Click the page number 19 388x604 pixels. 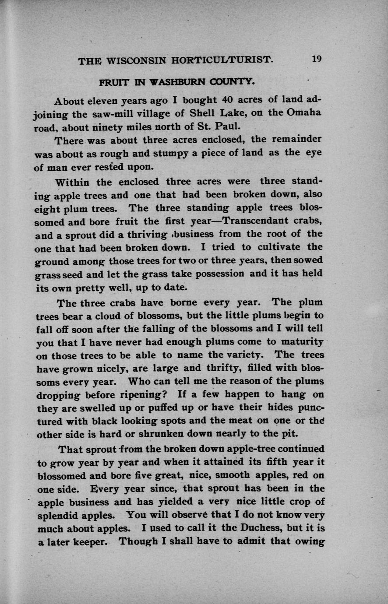coord(317,59)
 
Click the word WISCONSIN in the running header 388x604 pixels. coord(134,60)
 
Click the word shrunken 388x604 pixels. coord(137,434)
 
